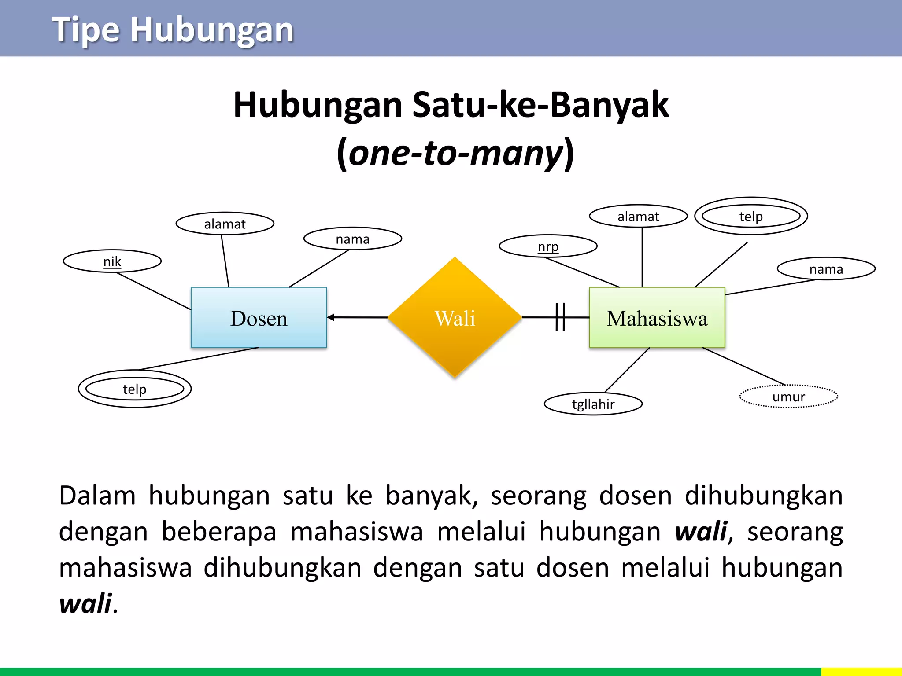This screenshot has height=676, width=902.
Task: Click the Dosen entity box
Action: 259,317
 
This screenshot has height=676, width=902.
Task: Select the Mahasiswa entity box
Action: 657,317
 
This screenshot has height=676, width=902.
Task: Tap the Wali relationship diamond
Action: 455,317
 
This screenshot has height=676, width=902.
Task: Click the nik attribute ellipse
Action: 112,261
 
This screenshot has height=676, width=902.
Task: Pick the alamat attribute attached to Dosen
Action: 225,224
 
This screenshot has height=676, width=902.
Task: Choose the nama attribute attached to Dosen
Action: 352,239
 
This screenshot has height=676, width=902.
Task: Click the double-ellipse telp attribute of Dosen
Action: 134,389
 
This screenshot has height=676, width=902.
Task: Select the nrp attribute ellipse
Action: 548,246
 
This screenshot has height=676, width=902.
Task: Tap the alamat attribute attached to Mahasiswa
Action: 638,217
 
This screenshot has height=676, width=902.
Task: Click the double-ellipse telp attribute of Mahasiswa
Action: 751,216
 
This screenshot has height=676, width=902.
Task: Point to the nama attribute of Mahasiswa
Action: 826,269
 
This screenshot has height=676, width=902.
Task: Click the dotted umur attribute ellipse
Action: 788,397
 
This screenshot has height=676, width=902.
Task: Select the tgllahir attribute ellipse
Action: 593,404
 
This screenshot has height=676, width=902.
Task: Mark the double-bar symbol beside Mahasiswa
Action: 560,317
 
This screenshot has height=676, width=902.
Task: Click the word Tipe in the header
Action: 85,30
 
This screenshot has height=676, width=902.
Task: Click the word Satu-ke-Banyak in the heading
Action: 540,105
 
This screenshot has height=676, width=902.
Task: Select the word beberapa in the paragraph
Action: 219,531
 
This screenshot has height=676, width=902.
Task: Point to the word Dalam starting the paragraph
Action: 97,496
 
